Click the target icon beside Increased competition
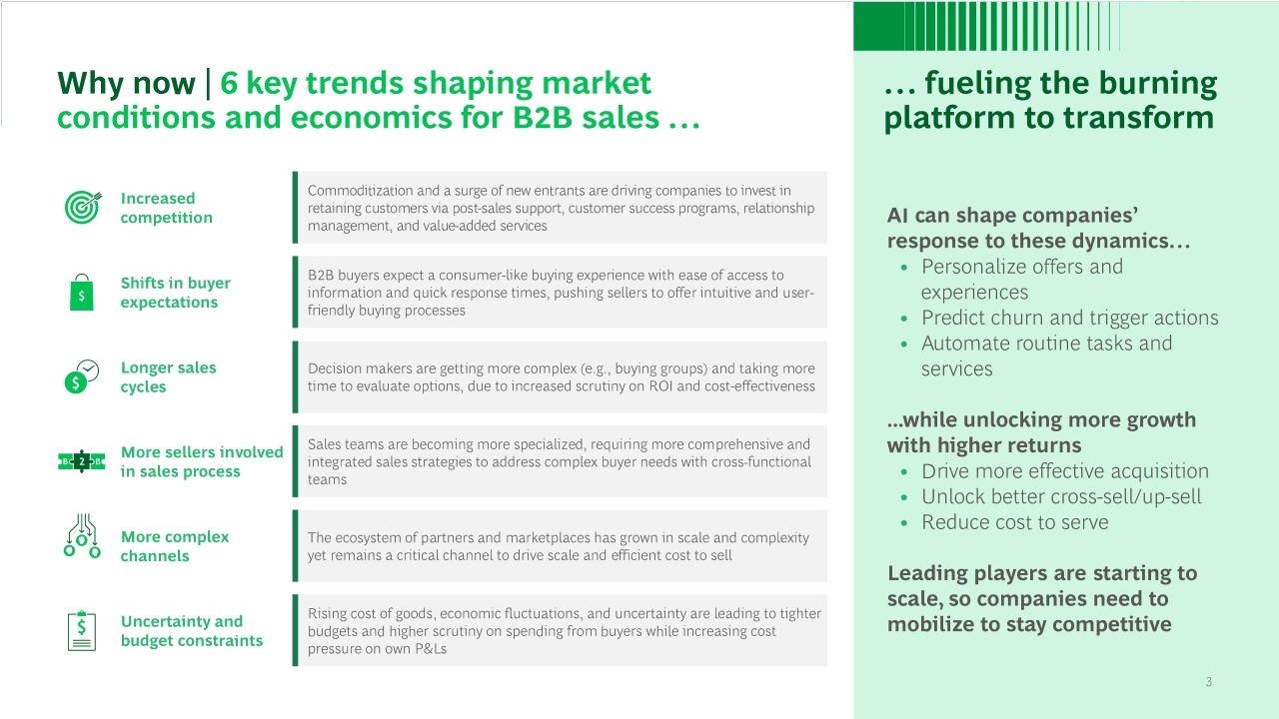pos(83,207)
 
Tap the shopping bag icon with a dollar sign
pos(82,293)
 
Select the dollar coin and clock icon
pos(82,376)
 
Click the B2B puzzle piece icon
pos(82,461)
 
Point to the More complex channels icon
pos(82,535)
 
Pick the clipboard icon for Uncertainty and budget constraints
pos(82,630)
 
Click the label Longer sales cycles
pos(169,376)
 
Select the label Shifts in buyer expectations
pos(175,293)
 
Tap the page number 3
pos(1209,681)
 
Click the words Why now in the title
pos(126,83)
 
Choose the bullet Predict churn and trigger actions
pos(1069,318)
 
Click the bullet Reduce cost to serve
pos(1014,522)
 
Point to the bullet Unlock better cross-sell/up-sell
pos(1061,496)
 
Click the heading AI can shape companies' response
pos(1038,228)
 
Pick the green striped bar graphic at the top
pos(986,26)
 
